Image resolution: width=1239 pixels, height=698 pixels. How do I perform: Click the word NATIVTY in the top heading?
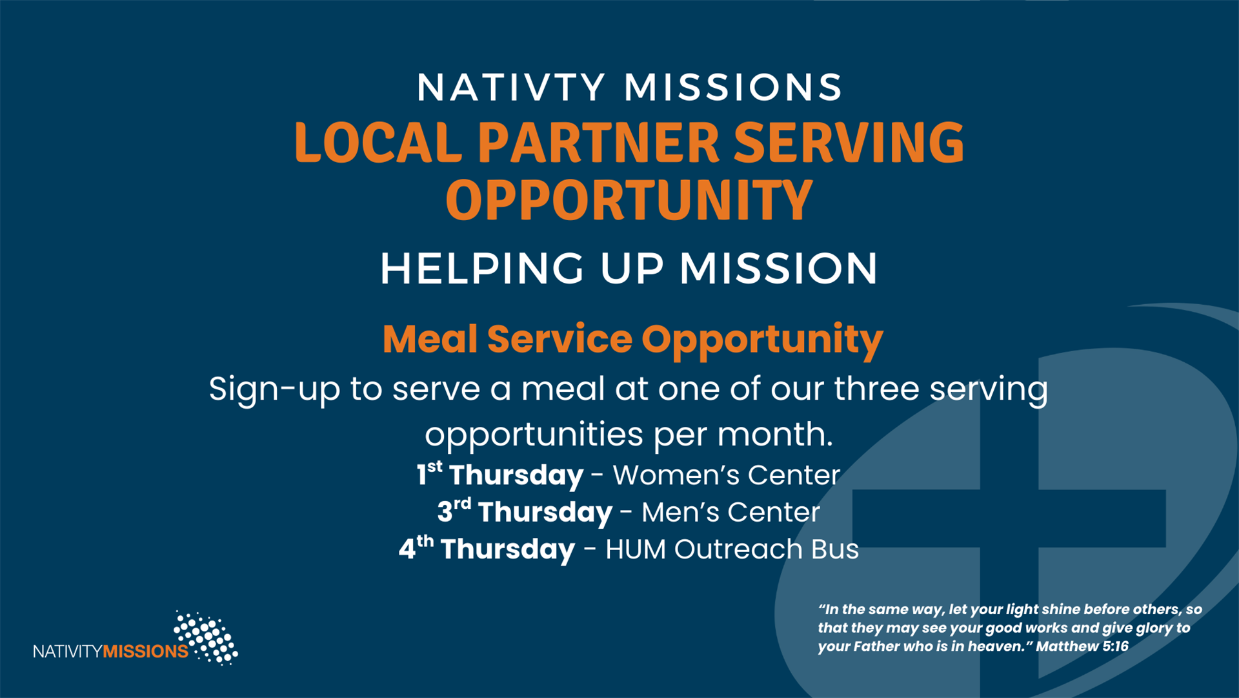click(511, 87)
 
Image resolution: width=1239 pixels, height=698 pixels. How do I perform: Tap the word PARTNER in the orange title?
click(598, 142)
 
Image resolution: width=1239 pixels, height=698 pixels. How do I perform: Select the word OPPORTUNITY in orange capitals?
click(629, 200)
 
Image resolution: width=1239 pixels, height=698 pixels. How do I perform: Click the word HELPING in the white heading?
click(482, 269)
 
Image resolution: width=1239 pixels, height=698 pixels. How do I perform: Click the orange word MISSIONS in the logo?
click(146, 651)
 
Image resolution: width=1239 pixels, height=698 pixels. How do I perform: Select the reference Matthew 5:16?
click(1082, 646)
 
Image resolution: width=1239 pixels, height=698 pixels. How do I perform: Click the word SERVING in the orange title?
click(849, 142)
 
